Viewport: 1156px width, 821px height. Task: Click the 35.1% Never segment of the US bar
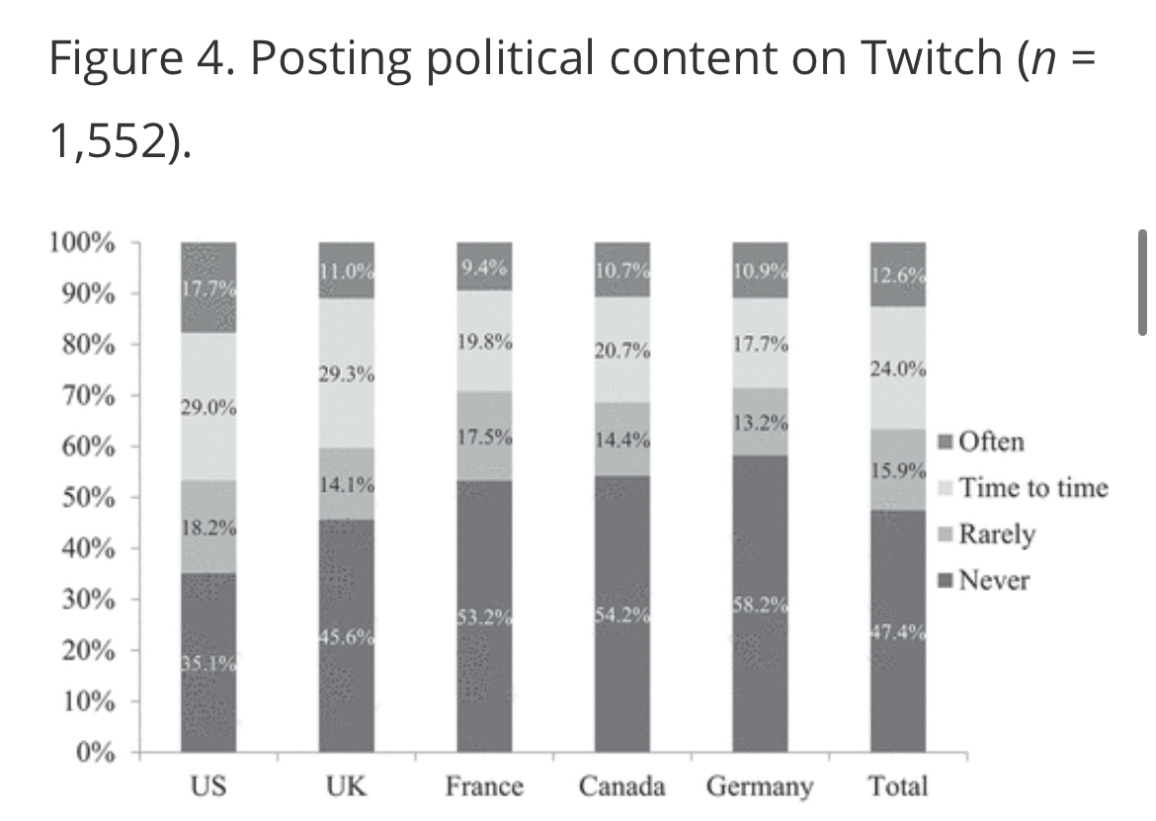208,662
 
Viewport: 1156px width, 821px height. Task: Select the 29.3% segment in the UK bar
346,373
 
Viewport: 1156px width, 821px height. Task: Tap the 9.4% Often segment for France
484,266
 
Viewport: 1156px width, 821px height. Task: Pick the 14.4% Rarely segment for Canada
622,439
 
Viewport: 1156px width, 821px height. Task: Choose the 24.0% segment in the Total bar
898,368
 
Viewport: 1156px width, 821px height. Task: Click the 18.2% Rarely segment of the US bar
208,527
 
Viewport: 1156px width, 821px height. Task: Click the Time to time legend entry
1023,487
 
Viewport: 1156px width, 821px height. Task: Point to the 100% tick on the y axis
82,243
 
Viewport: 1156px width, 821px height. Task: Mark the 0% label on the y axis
96,754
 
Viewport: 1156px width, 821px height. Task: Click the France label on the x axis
484,787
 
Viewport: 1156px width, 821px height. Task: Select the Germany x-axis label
760,787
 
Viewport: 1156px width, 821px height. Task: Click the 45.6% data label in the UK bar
346,638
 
